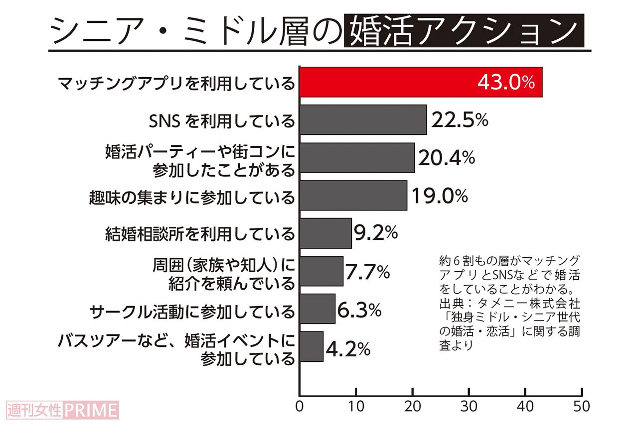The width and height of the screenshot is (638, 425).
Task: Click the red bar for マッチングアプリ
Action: click(x=421, y=82)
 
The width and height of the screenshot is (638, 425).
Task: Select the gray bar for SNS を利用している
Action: click(x=363, y=120)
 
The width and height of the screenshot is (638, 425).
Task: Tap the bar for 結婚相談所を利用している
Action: click(x=325, y=233)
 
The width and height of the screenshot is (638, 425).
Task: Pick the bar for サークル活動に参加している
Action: click(x=318, y=309)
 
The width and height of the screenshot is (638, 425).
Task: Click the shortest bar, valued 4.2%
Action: click(x=312, y=347)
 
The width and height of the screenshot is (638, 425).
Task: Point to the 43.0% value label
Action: click(x=505, y=82)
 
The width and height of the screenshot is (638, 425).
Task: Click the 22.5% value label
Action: click(x=459, y=120)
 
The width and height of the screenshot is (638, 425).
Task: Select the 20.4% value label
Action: click(x=446, y=158)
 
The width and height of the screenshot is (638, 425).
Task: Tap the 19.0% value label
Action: click(x=439, y=196)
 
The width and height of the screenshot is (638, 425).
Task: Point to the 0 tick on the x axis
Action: click(x=300, y=406)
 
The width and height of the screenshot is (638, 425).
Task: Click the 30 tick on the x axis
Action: click(x=469, y=406)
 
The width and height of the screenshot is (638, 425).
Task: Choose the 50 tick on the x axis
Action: click(x=581, y=406)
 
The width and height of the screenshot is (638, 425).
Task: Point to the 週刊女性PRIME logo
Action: click(x=63, y=410)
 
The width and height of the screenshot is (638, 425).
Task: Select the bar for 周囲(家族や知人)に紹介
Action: click(x=321, y=271)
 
